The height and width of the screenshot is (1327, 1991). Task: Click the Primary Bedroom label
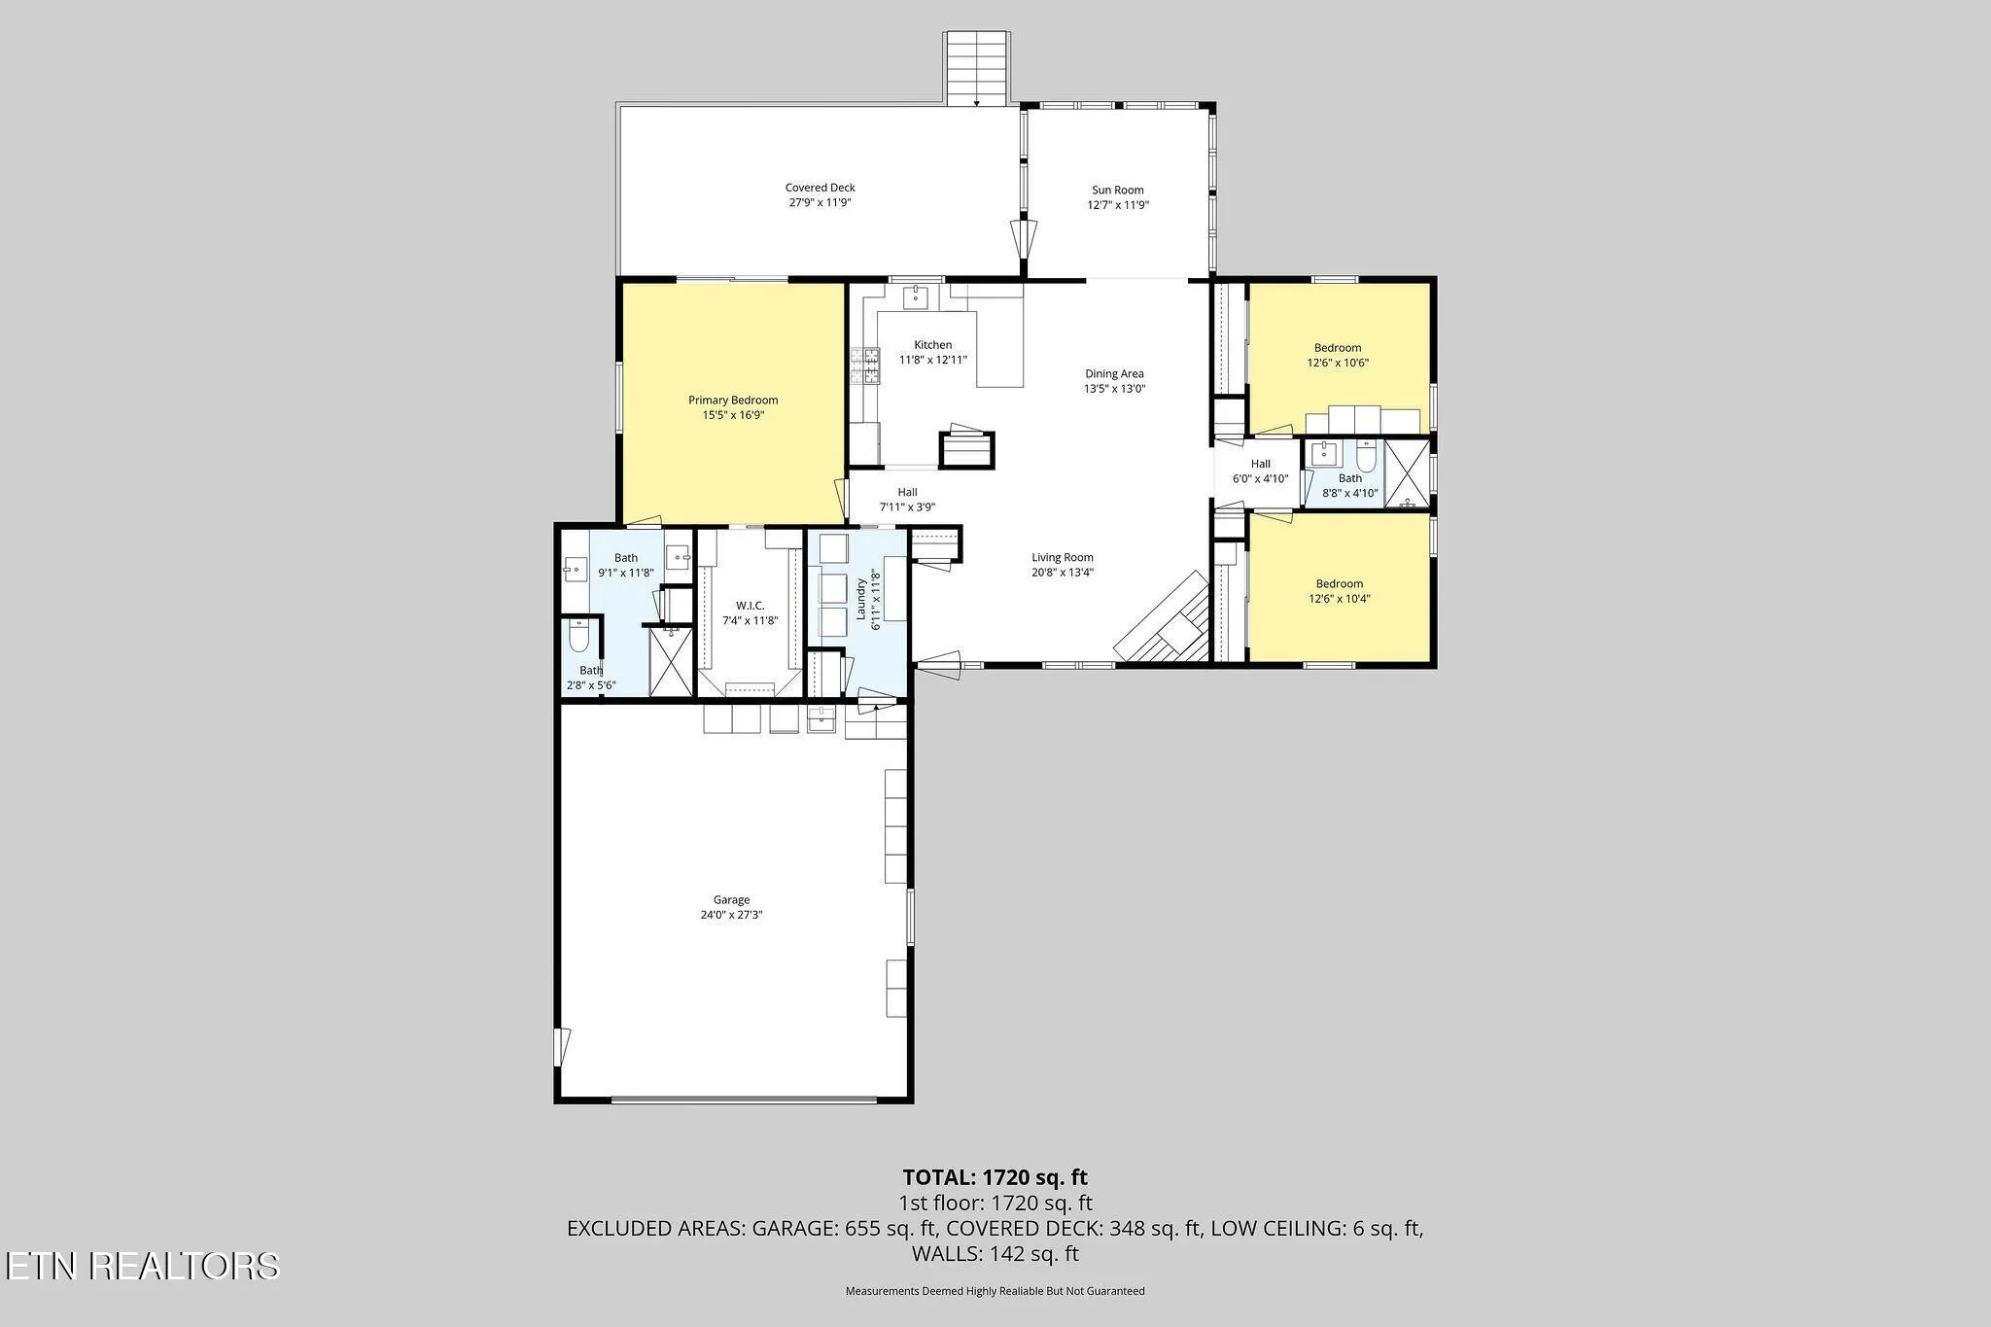(733, 401)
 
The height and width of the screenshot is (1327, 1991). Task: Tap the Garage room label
(731, 900)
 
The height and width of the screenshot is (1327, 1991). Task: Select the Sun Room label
(1118, 191)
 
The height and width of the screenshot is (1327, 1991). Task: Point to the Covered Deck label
(821, 188)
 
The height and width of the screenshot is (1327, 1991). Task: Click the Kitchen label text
(932, 345)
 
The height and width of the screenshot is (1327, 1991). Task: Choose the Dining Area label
(1114, 373)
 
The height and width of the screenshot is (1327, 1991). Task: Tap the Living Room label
(1063, 558)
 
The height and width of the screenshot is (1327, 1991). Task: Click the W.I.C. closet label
(750, 606)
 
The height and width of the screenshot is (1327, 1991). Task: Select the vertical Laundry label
(860, 599)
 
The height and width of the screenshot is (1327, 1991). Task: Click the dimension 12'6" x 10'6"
(1338, 363)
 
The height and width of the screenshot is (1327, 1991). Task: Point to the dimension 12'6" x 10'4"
(1339, 599)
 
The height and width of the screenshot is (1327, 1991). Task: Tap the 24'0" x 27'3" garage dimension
(731, 915)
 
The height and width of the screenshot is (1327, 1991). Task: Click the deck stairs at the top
(977, 68)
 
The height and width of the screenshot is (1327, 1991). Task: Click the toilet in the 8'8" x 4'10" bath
(1366, 456)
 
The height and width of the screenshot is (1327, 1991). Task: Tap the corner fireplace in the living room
(1164, 618)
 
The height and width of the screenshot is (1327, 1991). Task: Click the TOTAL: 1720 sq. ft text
(995, 1177)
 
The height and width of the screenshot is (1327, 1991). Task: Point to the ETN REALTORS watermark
(142, 1266)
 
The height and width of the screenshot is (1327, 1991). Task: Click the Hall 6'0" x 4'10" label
(1260, 471)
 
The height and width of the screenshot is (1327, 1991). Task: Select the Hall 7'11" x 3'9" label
(907, 500)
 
